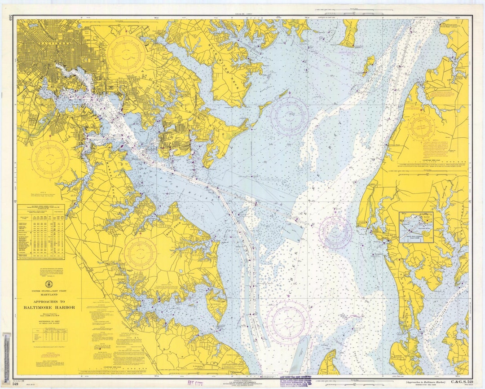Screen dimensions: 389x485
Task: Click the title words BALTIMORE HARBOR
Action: tap(49, 307)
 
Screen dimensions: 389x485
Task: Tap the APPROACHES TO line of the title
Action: tap(49, 302)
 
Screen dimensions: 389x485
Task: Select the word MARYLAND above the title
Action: tap(49, 295)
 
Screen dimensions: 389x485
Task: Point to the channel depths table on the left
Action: tap(41, 232)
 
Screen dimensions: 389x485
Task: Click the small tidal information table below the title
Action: tap(49, 334)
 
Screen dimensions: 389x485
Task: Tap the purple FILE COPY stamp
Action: tap(195, 383)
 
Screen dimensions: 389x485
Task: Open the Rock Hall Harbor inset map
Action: tap(416, 227)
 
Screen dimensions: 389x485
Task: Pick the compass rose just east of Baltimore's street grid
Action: tap(126, 54)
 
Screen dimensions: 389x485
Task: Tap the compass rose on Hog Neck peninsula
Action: tap(140, 254)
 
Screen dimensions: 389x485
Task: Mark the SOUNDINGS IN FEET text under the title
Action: tap(49, 322)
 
